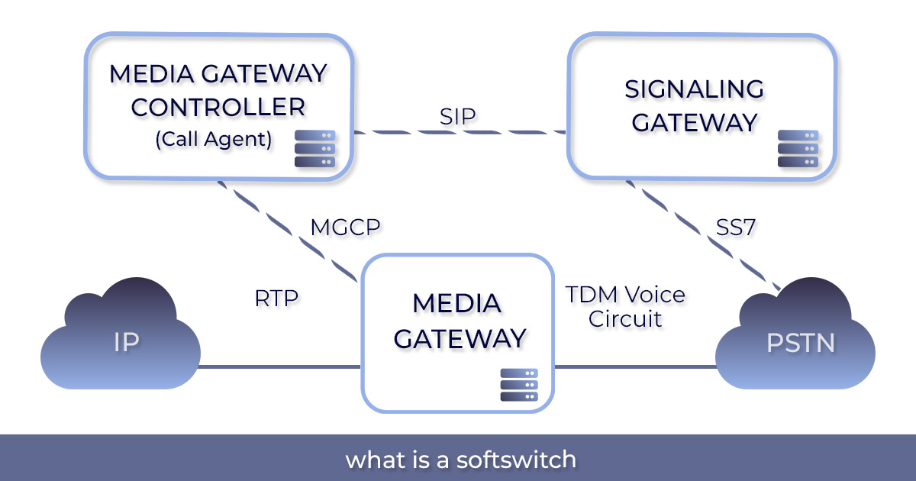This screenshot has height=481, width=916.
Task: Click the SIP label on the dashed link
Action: click(x=458, y=116)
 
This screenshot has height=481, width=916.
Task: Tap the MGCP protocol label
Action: click(x=345, y=228)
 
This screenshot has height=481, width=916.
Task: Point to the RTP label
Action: click(x=276, y=299)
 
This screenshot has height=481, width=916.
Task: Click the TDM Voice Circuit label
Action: click(x=625, y=306)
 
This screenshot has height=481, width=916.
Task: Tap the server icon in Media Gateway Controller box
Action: click(x=314, y=149)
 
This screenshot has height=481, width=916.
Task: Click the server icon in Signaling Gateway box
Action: click(x=798, y=149)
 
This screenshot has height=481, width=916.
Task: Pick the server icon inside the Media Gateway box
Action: click(x=519, y=385)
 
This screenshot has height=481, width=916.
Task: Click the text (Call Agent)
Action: click(x=214, y=140)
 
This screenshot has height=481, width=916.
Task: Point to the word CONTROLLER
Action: click(x=218, y=107)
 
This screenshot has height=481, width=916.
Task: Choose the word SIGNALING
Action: click(x=694, y=89)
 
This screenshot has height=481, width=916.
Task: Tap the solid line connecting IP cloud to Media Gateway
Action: click(x=279, y=367)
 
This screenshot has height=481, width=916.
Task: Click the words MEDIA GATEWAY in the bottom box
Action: click(x=457, y=321)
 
